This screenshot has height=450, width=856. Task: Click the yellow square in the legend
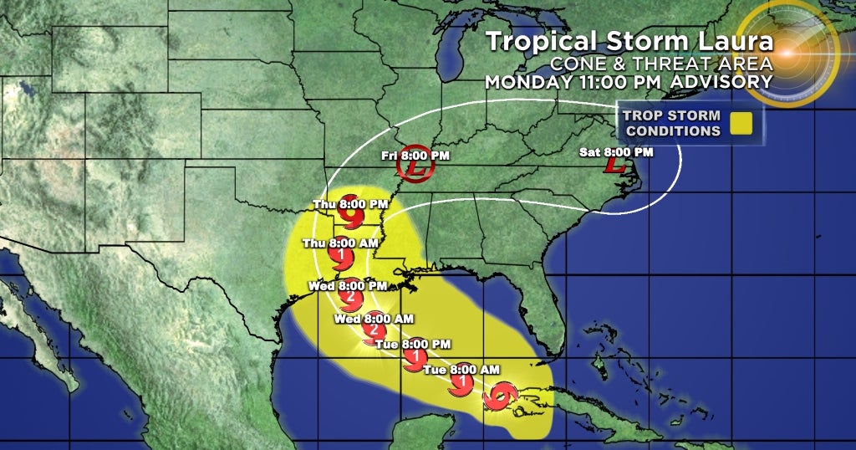tap(741, 124)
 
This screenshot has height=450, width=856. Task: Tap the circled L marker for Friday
tap(415, 170)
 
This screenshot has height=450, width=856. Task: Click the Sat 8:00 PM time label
tap(617, 152)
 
